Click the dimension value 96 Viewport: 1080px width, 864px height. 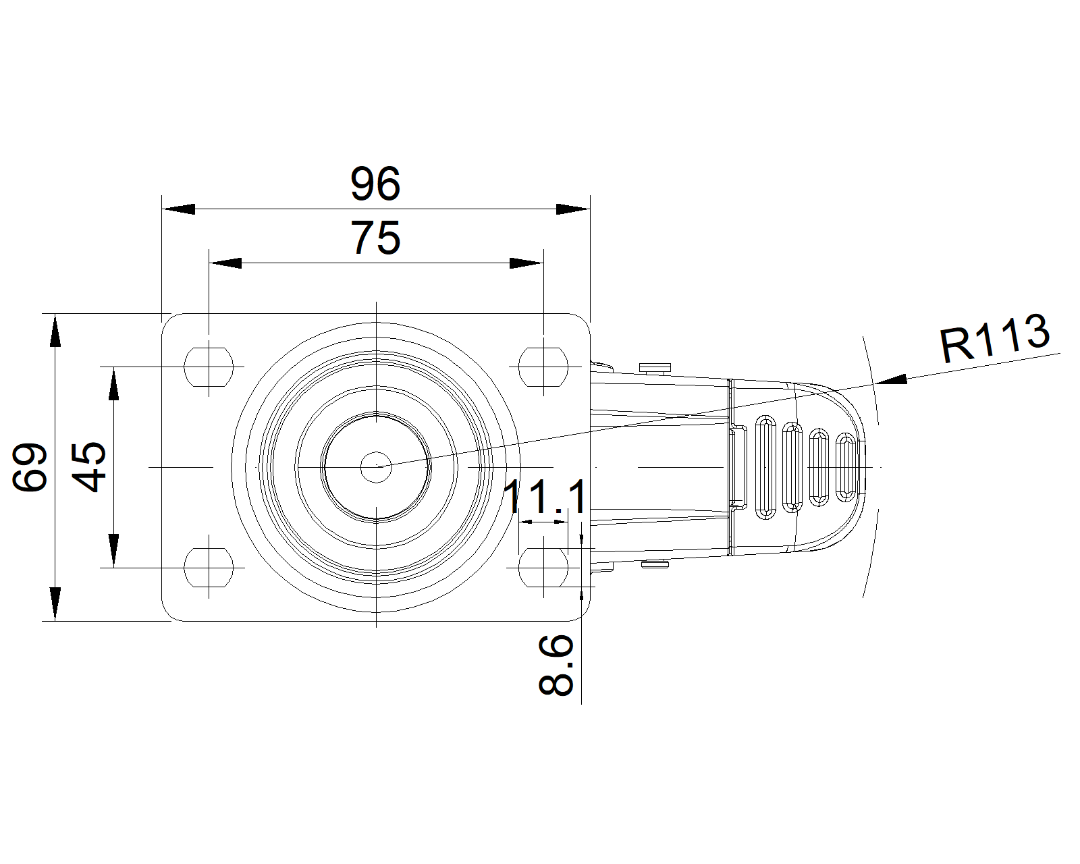tap(375, 184)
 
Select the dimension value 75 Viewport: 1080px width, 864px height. tap(375, 238)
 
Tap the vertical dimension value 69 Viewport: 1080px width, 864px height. tap(31, 466)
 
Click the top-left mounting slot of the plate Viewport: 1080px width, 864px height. tap(209, 367)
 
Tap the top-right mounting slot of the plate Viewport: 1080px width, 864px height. tap(543, 367)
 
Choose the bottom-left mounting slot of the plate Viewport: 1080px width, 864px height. tap(209, 568)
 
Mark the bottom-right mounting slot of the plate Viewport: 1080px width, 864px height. tap(543, 568)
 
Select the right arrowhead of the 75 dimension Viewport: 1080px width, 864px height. tap(526, 263)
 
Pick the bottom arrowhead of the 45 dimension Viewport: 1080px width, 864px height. tap(113, 550)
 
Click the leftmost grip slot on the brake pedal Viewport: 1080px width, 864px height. tap(765, 467)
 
